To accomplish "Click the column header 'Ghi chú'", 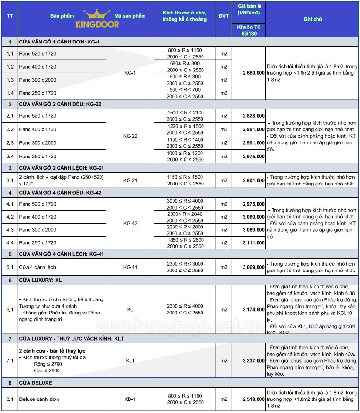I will (x=313, y=19).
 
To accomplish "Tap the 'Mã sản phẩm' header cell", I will (x=130, y=16).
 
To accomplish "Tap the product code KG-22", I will (x=130, y=136).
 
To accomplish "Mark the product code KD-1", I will (x=130, y=399).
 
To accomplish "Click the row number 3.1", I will (x=10, y=180).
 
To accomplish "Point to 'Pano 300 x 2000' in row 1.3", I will (x=37, y=80).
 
